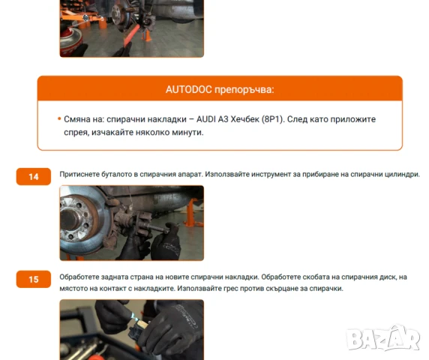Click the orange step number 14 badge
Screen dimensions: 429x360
34,177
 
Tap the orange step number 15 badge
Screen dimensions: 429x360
34,279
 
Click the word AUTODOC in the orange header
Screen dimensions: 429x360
189,89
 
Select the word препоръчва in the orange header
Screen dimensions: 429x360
244,90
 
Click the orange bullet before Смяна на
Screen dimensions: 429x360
59,118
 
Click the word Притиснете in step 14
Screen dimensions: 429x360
79,174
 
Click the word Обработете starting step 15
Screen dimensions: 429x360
79,277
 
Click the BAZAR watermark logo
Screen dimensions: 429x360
382,337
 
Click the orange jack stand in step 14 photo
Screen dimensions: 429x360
192,213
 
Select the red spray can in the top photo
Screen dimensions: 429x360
71,41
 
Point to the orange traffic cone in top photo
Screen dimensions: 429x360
148,35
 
